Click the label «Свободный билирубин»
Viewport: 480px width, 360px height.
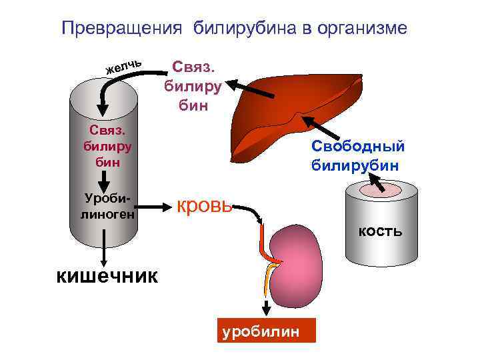coord(357,155)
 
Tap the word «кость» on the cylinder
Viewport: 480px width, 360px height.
coord(380,231)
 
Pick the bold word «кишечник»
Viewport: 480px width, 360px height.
coord(106,275)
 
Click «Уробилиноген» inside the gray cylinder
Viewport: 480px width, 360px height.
coord(105,206)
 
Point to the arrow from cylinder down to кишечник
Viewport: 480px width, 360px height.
coord(103,250)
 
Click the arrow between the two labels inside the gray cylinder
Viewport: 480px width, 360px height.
coord(104,179)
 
